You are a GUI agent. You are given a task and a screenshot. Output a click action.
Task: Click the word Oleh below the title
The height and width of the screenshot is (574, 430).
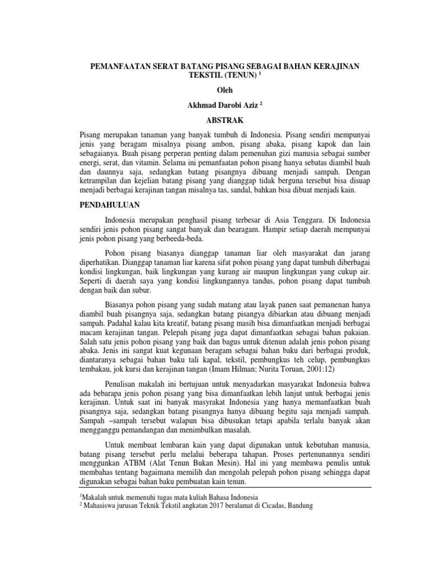pyautogui.click(x=216, y=90)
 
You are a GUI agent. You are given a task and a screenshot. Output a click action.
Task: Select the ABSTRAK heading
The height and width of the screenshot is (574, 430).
pyautogui.click(x=215, y=120)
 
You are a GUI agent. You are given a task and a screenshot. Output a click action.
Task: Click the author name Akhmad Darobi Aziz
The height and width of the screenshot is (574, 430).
pyautogui.click(x=213, y=105)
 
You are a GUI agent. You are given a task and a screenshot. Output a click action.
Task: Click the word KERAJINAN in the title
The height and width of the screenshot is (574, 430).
pyautogui.click(x=317, y=64)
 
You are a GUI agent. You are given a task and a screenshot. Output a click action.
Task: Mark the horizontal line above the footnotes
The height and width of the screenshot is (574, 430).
pyautogui.click(x=214, y=489)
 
